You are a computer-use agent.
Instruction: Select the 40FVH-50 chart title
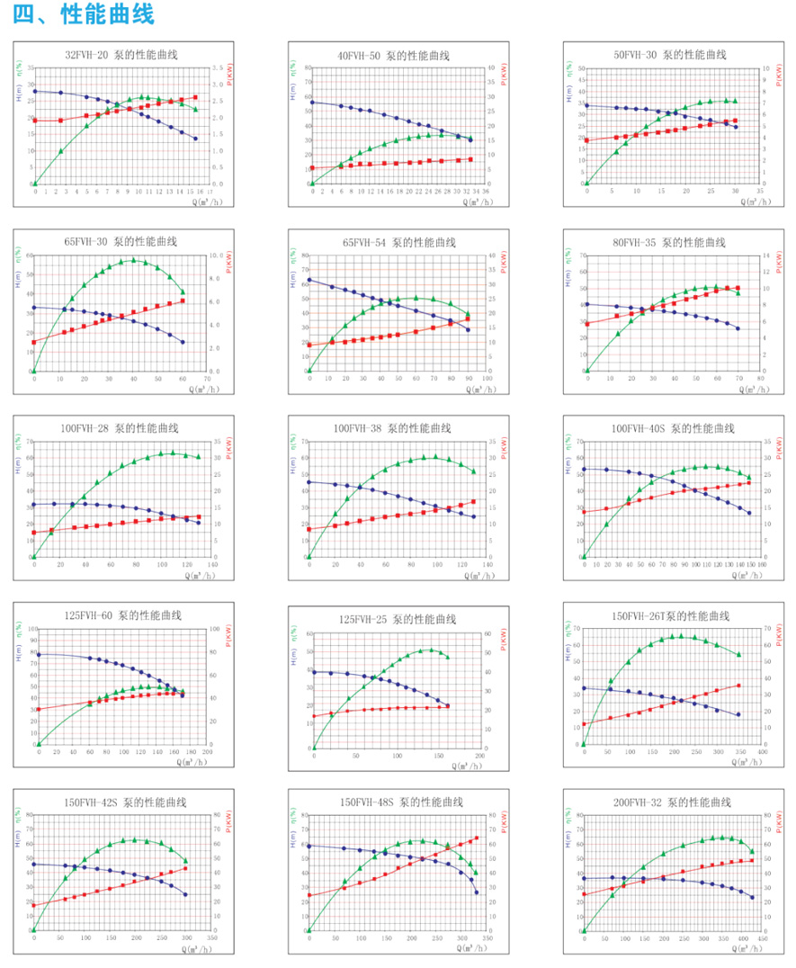point(393,55)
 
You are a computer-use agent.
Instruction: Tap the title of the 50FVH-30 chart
point(671,54)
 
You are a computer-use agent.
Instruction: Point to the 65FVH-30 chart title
point(121,242)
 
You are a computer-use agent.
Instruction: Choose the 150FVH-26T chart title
point(671,616)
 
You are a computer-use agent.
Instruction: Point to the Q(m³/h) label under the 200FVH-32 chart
point(752,949)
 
